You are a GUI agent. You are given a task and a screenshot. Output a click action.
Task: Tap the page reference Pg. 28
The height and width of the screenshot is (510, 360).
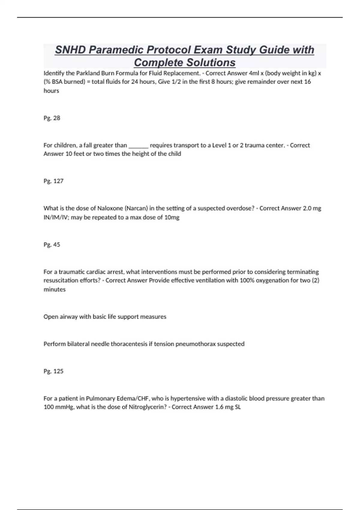click(x=52, y=118)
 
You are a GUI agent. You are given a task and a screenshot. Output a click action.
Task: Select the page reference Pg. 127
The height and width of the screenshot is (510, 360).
click(x=53, y=181)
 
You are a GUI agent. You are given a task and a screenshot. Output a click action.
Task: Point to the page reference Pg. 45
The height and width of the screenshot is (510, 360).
click(x=52, y=245)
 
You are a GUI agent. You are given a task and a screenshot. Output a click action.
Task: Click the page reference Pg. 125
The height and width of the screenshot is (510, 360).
click(x=53, y=371)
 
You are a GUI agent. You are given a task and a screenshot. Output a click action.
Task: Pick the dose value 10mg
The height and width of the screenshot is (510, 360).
click(x=172, y=217)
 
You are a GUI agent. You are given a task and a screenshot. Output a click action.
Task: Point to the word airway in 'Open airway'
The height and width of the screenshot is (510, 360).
click(x=67, y=317)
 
